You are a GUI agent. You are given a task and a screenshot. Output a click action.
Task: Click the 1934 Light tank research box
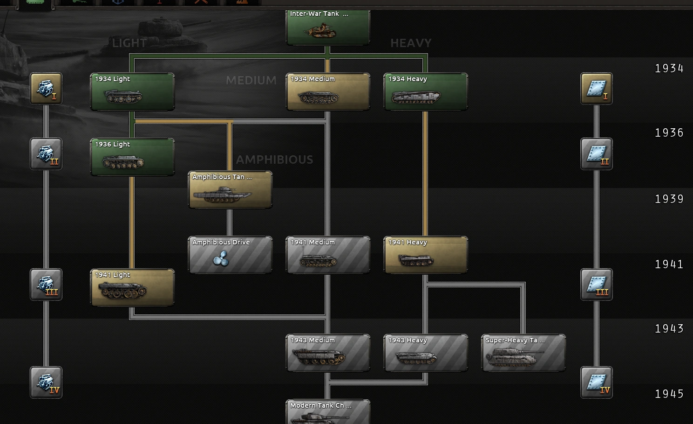(132, 92)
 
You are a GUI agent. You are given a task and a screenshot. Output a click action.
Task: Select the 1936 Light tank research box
(132, 157)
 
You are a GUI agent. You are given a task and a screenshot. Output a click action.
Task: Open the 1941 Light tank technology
(132, 288)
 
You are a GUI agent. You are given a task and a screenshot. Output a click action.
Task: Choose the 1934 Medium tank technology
(328, 92)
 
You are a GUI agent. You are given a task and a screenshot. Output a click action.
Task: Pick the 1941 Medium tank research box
(328, 255)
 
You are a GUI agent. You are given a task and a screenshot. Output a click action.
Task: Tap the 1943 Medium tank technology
(328, 353)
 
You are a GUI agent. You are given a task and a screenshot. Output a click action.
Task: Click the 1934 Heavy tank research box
(426, 92)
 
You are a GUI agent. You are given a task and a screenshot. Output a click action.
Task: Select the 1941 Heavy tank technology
(426, 255)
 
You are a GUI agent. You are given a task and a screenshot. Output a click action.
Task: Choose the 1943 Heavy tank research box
(426, 353)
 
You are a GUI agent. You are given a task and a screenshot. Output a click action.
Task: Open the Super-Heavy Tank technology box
(523, 353)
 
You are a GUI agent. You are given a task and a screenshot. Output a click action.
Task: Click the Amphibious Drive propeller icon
(221, 258)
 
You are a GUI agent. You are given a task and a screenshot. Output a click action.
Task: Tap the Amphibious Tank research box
(230, 190)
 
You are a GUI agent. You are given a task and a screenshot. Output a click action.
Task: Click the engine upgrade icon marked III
(46, 285)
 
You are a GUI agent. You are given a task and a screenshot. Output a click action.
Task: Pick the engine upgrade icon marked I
(46, 89)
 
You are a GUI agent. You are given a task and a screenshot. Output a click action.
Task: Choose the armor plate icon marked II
(597, 154)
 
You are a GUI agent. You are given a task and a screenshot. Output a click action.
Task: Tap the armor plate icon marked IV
(597, 382)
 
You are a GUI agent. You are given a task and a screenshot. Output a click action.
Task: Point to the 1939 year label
(669, 199)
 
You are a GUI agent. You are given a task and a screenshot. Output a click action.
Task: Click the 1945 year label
(669, 394)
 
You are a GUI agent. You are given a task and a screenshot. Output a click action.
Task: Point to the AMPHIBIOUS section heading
(275, 160)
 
